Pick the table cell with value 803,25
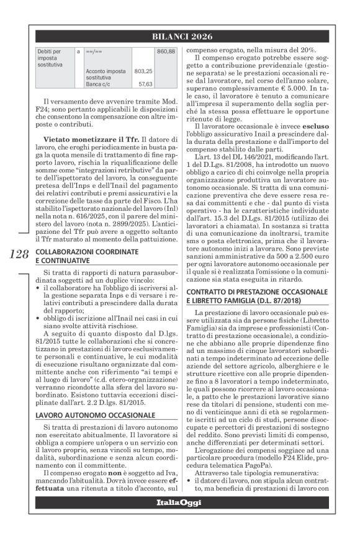[144, 71]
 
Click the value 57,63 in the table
[145, 83]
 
